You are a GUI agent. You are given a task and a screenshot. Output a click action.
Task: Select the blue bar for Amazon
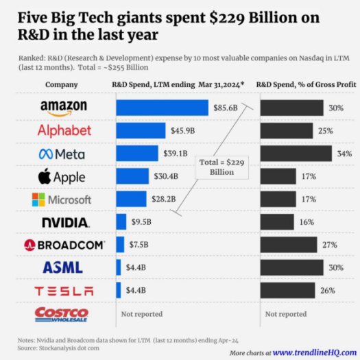[162, 108]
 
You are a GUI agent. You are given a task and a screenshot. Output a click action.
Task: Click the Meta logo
[62, 154]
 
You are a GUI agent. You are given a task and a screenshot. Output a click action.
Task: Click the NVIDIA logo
[65, 222]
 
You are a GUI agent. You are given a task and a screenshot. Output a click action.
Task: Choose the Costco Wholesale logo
[62, 314]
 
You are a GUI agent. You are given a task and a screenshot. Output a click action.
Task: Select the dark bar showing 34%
[287, 154]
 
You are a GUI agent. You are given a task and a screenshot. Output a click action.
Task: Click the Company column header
[61, 85]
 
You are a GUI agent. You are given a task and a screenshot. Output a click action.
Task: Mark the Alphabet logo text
[64, 130]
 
